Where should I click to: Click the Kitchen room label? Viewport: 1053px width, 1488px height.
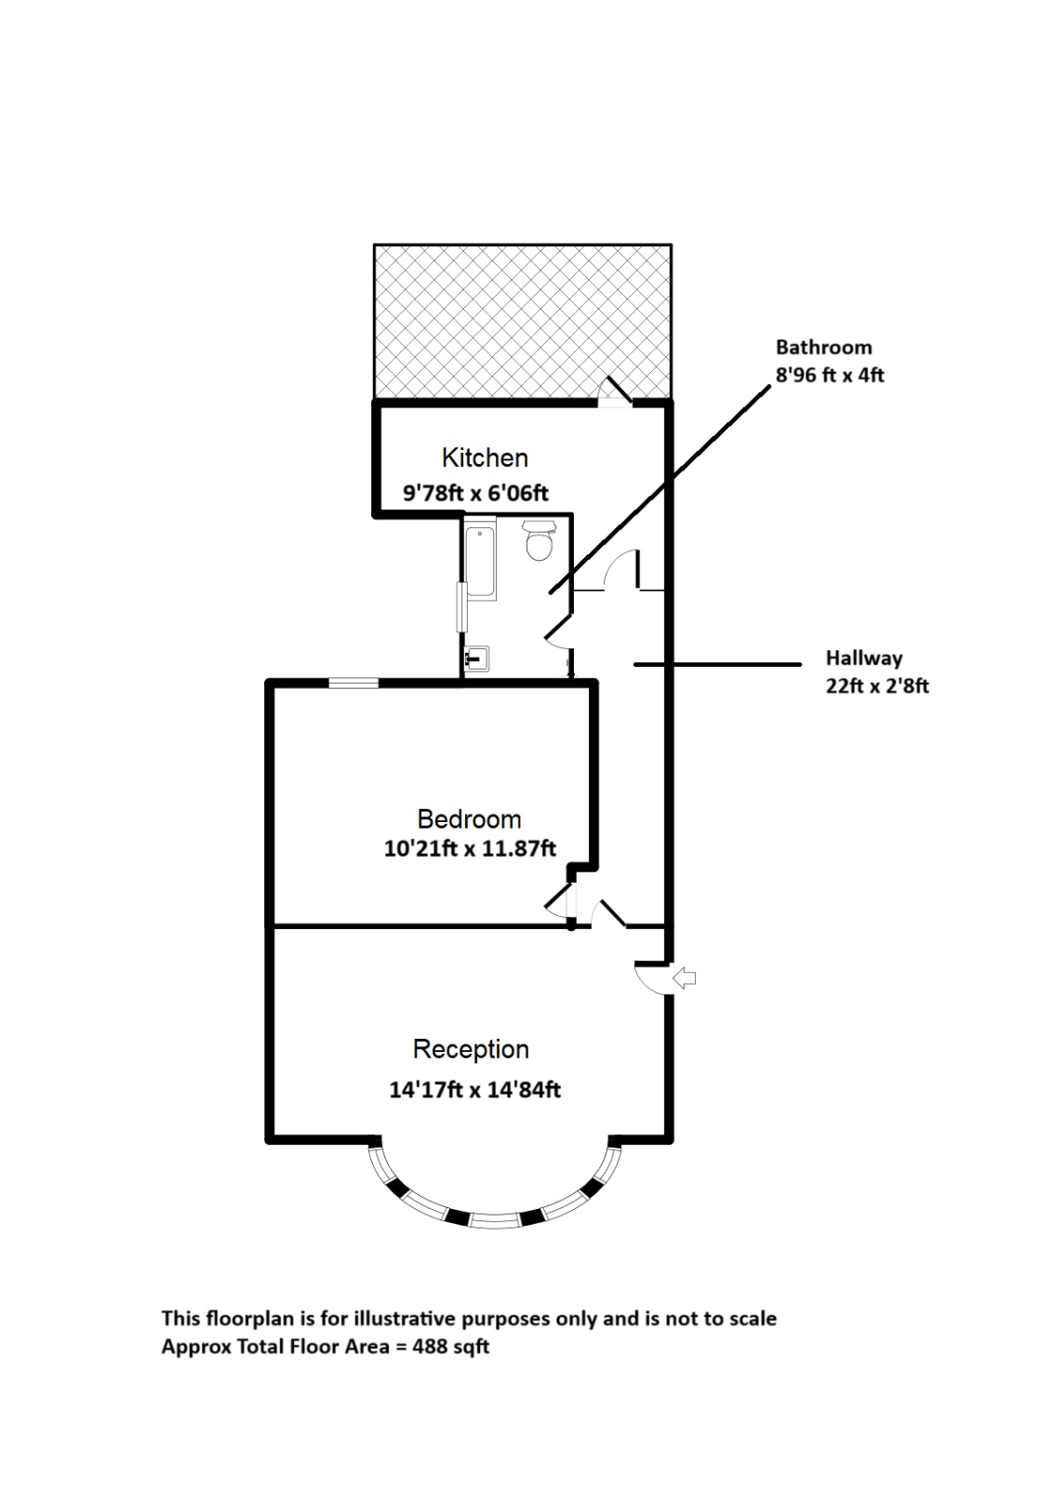[x=485, y=458]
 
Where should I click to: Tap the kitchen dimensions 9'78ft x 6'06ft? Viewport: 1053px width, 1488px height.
[x=475, y=493]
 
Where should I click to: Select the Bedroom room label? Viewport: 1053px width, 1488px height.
[x=469, y=819]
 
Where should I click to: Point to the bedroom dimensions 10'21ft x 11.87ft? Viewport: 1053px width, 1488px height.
[x=470, y=848]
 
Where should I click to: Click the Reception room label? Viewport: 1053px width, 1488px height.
[x=471, y=1049]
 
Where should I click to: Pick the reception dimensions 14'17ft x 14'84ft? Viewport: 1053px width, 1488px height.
[x=474, y=1089]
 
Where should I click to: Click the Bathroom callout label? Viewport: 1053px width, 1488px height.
[x=823, y=348]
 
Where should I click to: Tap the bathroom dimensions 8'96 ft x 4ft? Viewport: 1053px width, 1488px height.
[x=830, y=376]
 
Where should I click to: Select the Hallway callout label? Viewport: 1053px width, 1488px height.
[x=864, y=658]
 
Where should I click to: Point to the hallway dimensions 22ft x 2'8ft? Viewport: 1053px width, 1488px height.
[x=877, y=686]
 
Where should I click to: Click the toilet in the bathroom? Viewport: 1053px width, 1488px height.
[x=539, y=540]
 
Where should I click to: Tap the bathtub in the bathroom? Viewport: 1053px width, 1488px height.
[x=480, y=562]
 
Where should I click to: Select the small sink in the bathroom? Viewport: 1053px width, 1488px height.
[x=477, y=659]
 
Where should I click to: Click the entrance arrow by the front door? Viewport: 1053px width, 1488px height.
[x=685, y=977]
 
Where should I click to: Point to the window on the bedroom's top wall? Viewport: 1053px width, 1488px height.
[x=353, y=684]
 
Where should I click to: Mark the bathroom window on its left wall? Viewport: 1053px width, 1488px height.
[x=460, y=608]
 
